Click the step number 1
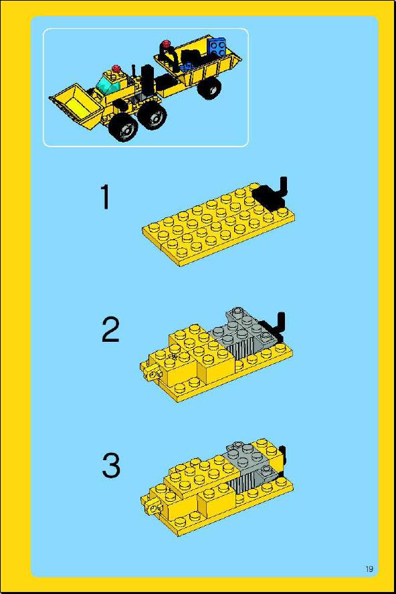click(106, 197)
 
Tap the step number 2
click(110, 330)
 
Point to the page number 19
click(369, 569)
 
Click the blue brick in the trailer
click(217, 47)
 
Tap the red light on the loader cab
click(116, 69)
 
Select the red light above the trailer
click(166, 43)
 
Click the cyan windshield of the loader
click(107, 84)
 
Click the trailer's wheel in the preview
click(209, 88)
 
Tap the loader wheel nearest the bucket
click(124, 126)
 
